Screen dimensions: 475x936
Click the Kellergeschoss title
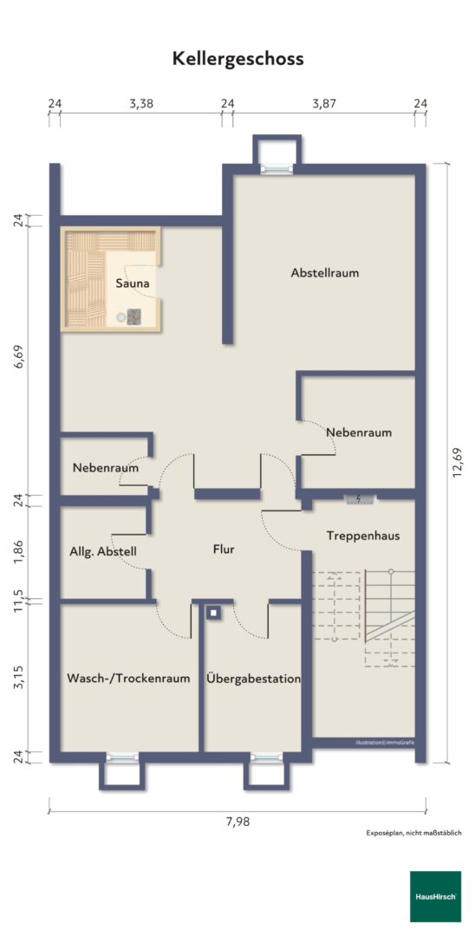(238, 59)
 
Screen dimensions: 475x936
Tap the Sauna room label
(132, 283)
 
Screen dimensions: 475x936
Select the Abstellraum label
(325, 273)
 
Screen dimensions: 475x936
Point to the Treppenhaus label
(363, 536)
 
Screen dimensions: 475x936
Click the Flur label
(224, 549)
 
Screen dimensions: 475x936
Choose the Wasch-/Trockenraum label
(128, 678)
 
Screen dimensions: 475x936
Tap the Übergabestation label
(253, 678)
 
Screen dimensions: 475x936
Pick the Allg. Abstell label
(103, 551)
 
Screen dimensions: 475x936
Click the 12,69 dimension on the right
(458, 463)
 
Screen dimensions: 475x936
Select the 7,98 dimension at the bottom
(237, 822)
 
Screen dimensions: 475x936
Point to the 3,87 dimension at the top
(324, 103)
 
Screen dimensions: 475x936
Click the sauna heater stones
(133, 317)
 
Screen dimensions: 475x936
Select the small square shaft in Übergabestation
(213, 613)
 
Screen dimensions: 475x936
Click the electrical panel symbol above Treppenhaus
(359, 498)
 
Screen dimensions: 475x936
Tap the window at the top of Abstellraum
(277, 169)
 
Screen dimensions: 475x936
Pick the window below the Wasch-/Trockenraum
(122, 757)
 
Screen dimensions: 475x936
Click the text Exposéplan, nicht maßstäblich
(413, 833)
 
